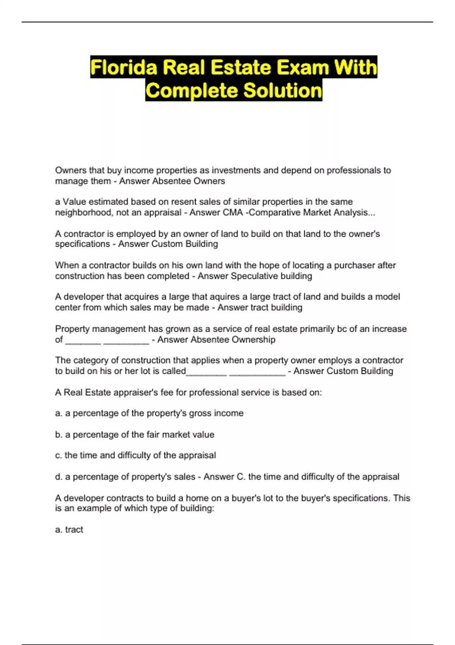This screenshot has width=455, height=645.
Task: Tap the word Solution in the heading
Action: pos(282,91)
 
